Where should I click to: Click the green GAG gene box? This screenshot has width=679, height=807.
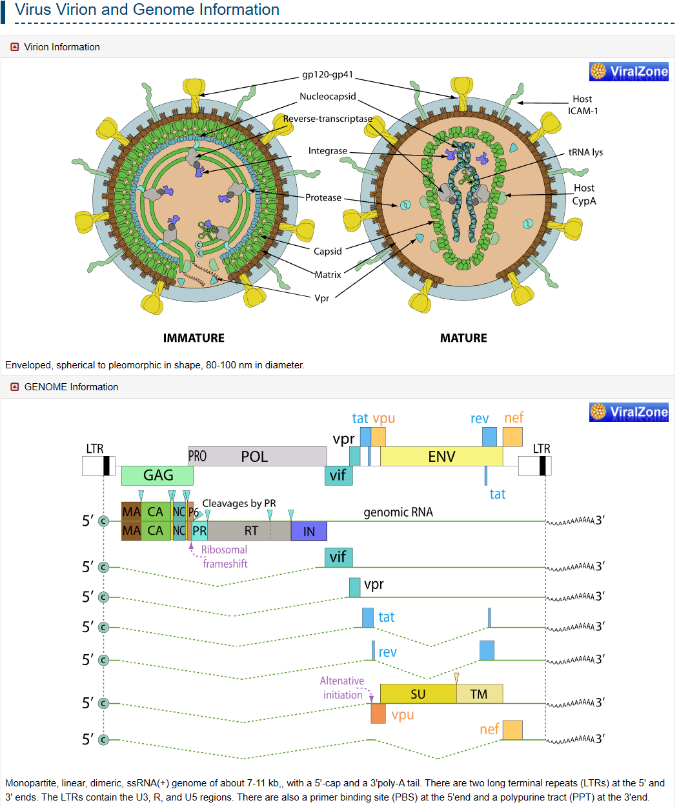157,475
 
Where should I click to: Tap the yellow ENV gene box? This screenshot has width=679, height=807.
441,456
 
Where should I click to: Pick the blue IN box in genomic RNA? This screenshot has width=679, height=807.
309,531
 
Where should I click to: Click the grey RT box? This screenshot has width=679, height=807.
250,531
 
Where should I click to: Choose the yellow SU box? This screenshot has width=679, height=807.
418,694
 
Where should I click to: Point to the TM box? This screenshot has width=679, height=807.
479,694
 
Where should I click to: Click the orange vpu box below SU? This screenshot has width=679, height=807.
378,713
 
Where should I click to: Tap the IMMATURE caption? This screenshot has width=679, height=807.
194,338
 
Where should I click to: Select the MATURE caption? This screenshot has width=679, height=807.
463,338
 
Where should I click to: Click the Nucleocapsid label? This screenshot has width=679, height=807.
328,97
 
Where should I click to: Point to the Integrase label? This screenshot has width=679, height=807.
328,151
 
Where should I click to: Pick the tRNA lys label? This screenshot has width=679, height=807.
585,152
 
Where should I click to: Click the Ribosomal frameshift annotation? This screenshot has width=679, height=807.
224,557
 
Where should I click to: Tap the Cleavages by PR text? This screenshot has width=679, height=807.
239,503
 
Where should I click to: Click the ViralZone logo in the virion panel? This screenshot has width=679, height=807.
629,72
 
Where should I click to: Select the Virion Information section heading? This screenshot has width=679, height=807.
62,47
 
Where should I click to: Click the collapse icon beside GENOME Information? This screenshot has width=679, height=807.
14,387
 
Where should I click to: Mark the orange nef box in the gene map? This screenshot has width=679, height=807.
512,437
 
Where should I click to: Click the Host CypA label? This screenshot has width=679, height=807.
584,194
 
